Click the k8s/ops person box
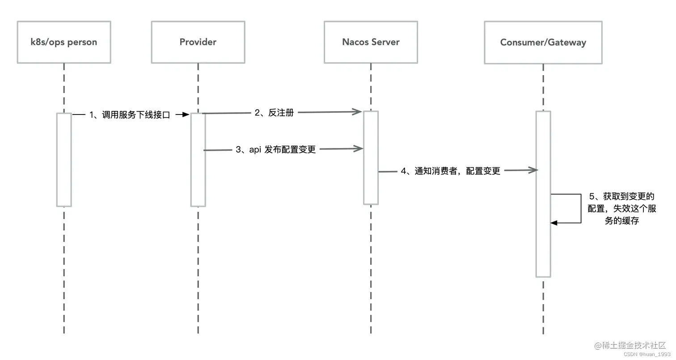pyautogui.click(x=64, y=42)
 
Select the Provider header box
pyautogui.click(x=198, y=42)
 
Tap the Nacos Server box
pyautogui.click(x=371, y=42)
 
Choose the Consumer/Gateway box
pyautogui.click(x=543, y=42)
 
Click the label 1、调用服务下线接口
pyautogui.click(x=130, y=115)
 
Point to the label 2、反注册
pyautogui.click(x=274, y=113)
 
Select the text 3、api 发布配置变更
pyautogui.click(x=276, y=149)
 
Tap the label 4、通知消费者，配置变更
pyautogui.click(x=450, y=171)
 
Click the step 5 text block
pyautogui.click(x=621, y=208)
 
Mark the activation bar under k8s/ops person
pyautogui.click(x=64, y=160)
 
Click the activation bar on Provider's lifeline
pyautogui.click(x=198, y=160)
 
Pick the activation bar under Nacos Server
pyautogui.click(x=371, y=157)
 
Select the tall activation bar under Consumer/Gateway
pyautogui.click(x=543, y=194)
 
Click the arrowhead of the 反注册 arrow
pyautogui.click(x=358, y=111)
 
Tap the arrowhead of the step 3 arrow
pyautogui.click(x=359, y=148)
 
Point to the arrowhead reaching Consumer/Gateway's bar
pyautogui.click(x=533, y=170)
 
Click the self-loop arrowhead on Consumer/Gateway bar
pyautogui.click(x=553, y=223)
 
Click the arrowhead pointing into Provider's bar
pyautogui.click(x=186, y=115)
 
